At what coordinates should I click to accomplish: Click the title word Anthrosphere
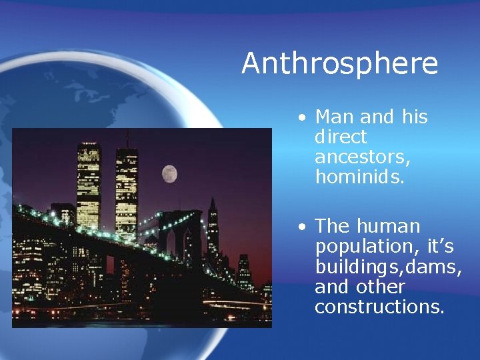pos(339,63)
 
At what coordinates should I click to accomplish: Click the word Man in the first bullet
pos(335,117)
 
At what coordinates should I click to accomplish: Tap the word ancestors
pos(362,158)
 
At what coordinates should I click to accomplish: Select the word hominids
pos(360,177)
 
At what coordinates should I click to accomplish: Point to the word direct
pos(341,137)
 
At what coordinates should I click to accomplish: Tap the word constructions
pos(379,307)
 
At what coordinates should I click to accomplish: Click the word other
pos(381,287)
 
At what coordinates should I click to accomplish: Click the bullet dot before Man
pos(303,118)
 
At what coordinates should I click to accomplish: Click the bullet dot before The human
pos(303,227)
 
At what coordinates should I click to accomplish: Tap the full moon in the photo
pos(169,174)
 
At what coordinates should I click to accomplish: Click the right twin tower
pos(126,187)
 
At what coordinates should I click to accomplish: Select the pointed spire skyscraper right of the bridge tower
pos(213,227)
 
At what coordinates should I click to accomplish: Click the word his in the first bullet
pos(415,117)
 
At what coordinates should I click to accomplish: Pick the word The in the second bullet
pos(334,227)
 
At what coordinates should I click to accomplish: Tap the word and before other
pos(331,287)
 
